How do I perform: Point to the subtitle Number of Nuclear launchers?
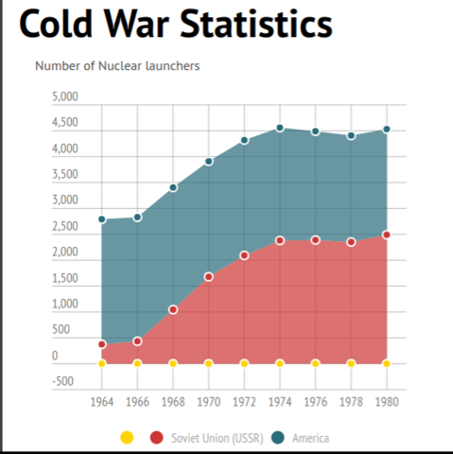tap(117, 66)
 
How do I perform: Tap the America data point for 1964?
tap(102, 219)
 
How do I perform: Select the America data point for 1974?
tap(280, 129)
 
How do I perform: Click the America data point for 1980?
tap(386, 130)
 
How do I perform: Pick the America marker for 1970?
tap(209, 162)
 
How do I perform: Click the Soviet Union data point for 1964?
tap(102, 344)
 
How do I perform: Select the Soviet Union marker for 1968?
tap(173, 309)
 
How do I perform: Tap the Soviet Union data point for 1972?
tap(244, 255)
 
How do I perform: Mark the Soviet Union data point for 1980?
tap(386, 235)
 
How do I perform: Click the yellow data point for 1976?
tap(315, 363)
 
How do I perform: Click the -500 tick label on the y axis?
tap(64, 382)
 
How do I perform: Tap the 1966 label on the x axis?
tap(137, 402)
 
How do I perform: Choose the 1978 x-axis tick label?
tap(350, 402)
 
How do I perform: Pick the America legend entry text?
tap(310, 438)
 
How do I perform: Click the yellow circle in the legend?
tap(127, 437)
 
